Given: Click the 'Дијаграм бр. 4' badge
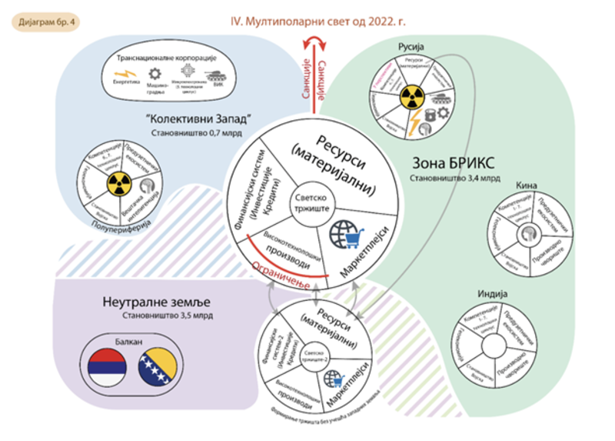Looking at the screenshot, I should tap(45, 21).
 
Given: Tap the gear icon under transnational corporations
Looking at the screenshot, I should tap(154, 74).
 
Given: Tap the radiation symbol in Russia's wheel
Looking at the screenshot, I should tap(411, 98).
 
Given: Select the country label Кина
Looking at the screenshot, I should tap(527, 185).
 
